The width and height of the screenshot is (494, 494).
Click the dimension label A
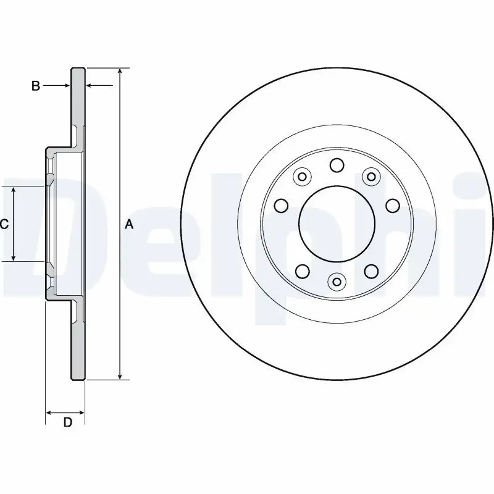[129, 225]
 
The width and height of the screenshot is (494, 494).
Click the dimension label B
[36, 86]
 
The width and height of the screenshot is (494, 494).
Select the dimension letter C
[4, 225]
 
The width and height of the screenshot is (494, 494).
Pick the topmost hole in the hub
[337, 165]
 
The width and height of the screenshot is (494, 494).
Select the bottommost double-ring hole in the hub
[337, 282]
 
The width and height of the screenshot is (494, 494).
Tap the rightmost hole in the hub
[392, 205]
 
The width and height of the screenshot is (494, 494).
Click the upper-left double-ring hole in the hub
[302, 177]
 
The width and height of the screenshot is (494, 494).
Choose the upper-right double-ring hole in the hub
[371, 177]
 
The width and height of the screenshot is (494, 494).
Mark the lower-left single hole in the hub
[302, 270]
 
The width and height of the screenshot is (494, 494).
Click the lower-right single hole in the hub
[371, 270]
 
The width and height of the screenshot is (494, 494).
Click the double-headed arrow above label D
[65, 411]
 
